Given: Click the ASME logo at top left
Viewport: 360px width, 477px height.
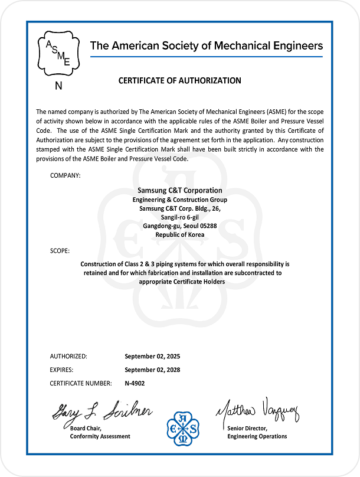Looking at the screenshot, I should (x=58, y=53).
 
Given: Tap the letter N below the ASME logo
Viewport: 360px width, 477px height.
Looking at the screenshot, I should (x=58, y=86).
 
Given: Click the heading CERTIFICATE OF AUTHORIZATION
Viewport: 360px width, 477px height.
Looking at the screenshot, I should (x=180, y=80).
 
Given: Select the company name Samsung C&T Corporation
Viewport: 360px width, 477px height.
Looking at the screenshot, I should (x=179, y=191).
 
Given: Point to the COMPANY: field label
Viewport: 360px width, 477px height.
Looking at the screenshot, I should (x=66, y=175).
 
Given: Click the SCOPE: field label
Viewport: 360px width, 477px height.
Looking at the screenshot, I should (x=60, y=251).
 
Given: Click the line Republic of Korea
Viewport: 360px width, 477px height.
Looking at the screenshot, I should (x=179, y=234).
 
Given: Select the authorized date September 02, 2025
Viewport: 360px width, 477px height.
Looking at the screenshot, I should (x=152, y=357).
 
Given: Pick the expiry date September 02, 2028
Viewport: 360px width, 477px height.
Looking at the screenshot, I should (x=152, y=370).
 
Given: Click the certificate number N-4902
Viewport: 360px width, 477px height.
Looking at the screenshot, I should (x=135, y=384).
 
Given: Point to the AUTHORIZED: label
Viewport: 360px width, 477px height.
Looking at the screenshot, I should (x=68, y=357).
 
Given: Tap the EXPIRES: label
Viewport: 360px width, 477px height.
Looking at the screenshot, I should (x=61, y=370).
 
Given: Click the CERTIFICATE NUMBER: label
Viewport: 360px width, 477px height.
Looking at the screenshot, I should (x=81, y=384).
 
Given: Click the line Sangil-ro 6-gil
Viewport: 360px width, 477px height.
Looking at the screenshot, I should (x=179, y=217).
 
